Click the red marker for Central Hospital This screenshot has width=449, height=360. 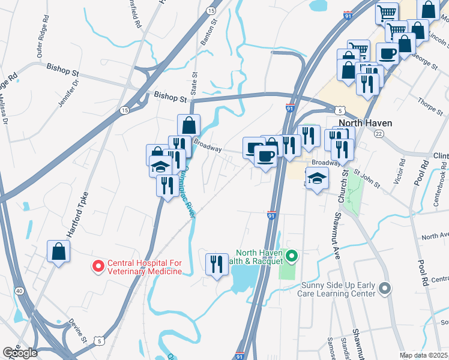pyautogui.click(x=97, y=265)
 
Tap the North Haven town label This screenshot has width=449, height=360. pyautogui.click(x=370, y=123)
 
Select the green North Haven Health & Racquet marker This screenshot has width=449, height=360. pyautogui.click(x=292, y=257)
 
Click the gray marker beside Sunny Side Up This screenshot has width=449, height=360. pyautogui.click(x=385, y=289)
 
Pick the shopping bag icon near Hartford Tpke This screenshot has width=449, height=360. pyautogui.click(x=59, y=252)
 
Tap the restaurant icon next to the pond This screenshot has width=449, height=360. pyautogui.click(x=216, y=263)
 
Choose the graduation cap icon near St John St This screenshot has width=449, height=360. pyautogui.click(x=316, y=178)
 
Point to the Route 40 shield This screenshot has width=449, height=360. pyautogui.click(x=20, y=291)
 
